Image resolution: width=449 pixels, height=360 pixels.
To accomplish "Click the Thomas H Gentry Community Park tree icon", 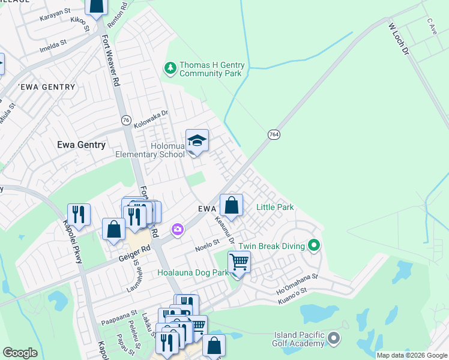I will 171,68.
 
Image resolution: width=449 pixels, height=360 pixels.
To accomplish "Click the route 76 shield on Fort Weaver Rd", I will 126,120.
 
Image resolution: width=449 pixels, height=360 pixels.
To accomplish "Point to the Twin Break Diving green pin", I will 313,245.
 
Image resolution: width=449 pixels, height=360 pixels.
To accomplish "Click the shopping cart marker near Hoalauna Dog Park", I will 239,262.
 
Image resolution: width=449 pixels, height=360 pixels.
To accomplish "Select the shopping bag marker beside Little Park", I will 231,206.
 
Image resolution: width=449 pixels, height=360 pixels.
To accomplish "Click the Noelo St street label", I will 205,245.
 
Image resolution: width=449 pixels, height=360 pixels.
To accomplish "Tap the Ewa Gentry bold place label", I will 80,145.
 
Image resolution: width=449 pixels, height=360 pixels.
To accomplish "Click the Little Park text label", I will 275,207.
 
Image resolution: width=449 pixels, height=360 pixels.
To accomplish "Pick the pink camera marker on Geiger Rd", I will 177,229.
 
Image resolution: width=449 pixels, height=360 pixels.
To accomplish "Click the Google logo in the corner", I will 20,352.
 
